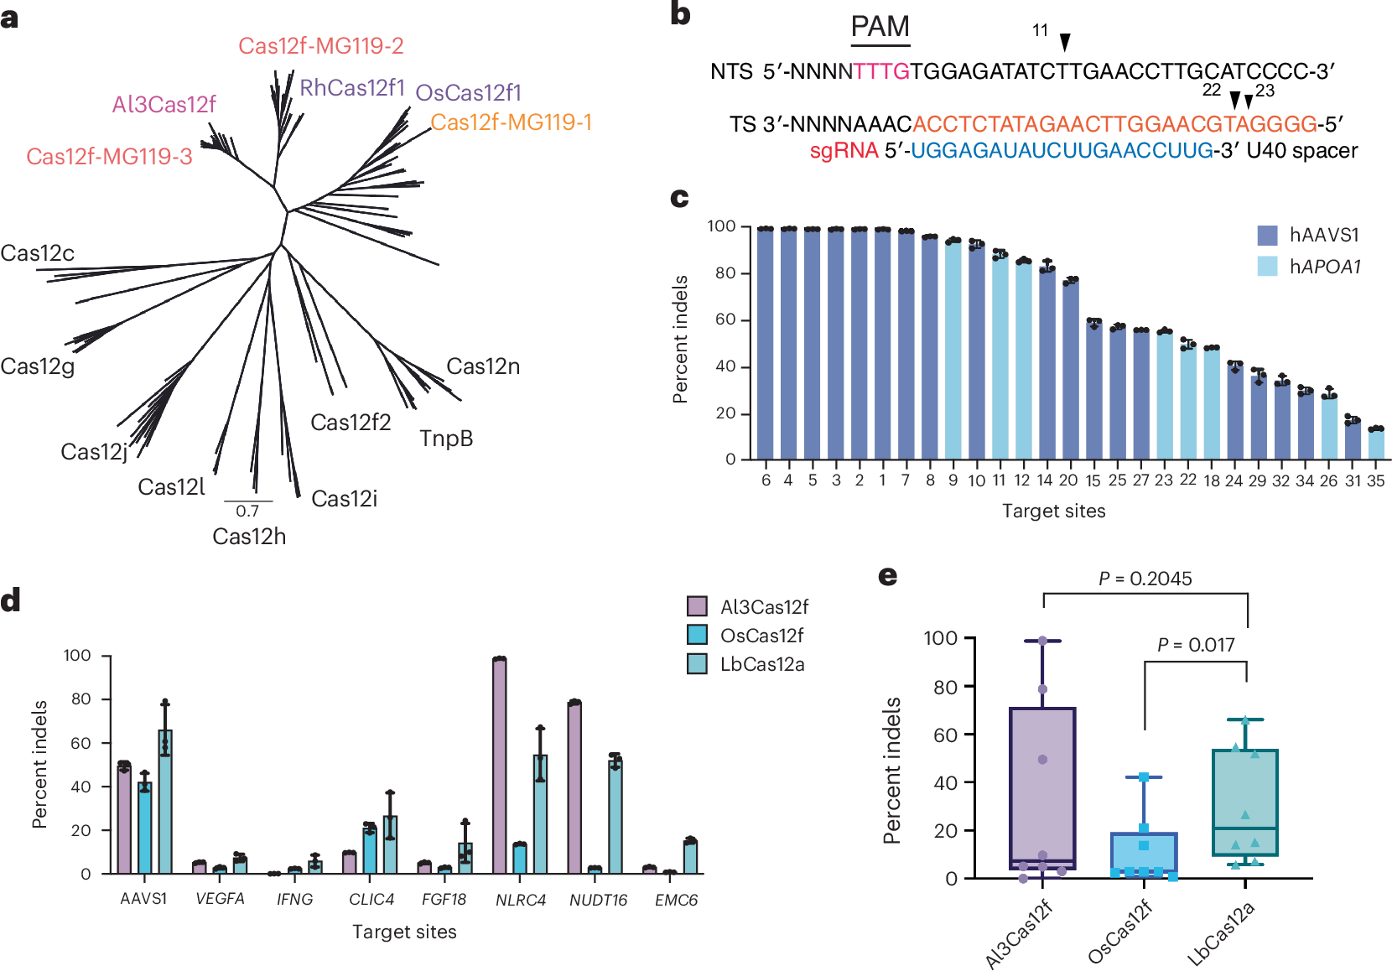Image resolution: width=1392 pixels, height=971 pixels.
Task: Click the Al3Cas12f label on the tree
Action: pyautogui.click(x=164, y=104)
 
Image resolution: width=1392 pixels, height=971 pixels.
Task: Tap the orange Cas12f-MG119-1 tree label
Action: pyautogui.click(x=511, y=122)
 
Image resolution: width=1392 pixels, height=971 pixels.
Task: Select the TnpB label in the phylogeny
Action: pyautogui.click(x=446, y=439)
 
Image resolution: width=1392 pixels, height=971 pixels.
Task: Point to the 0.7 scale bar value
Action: pyautogui.click(x=247, y=511)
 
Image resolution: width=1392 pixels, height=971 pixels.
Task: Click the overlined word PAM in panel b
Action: pyautogui.click(x=880, y=28)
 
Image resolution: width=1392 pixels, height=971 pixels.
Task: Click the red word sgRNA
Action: pyautogui.click(x=844, y=151)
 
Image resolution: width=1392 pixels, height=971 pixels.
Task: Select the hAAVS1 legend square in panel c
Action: pyautogui.click(x=1267, y=235)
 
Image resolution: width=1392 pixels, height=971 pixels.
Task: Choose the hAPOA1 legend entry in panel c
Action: pyautogui.click(x=1325, y=267)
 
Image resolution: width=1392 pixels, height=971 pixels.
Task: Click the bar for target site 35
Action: pyautogui.click(x=1376, y=444)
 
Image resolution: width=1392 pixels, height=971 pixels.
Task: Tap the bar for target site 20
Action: pyautogui.click(x=1070, y=369)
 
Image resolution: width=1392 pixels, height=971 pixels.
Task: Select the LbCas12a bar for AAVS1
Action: pyautogui.click(x=165, y=801)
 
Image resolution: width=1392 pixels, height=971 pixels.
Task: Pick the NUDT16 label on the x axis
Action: pyautogui.click(x=598, y=900)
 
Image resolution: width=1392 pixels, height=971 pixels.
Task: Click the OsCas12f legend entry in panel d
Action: pyautogui.click(x=761, y=636)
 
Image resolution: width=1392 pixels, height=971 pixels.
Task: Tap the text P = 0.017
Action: pyautogui.click(x=1196, y=645)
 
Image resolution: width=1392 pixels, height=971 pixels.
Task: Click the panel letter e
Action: pyautogui.click(x=887, y=576)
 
